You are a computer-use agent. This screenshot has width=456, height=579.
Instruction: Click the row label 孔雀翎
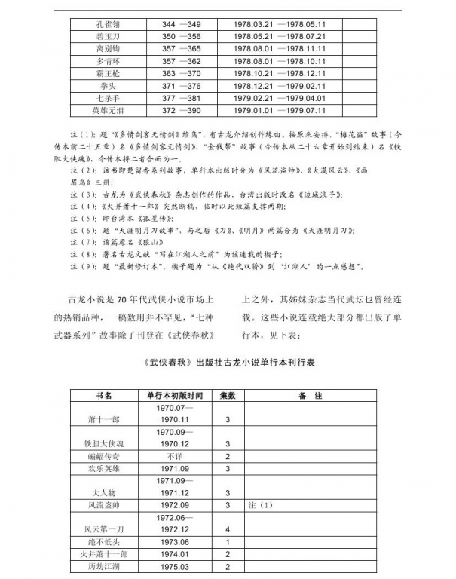105,25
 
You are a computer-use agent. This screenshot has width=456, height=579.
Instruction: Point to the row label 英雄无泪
105,109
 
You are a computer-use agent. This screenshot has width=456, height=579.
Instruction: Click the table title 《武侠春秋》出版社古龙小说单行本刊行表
228,362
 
